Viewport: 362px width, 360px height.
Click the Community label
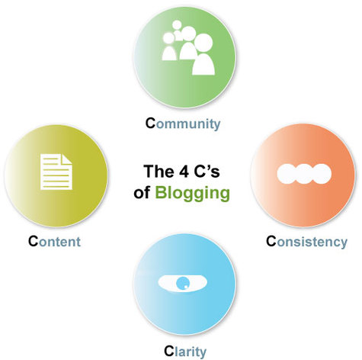click(x=183, y=124)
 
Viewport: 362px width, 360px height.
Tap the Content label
click(x=54, y=241)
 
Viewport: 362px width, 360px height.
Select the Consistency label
click(x=306, y=242)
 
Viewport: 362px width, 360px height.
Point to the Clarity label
click(x=185, y=352)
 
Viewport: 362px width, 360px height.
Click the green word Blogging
click(x=192, y=194)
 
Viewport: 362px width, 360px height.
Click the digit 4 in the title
click(x=184, y=172)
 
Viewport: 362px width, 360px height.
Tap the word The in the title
click(x=159, y=172)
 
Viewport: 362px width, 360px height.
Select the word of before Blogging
click(x=142, y=193)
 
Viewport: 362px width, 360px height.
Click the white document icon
click(x=56, y=172)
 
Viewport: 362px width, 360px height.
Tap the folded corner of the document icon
click(x=67, y=159)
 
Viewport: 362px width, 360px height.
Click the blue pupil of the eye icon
click(x=183, y=283)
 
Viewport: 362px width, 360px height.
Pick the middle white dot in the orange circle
click(x=304, y=174)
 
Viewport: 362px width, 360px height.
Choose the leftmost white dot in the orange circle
click(x=287, y=174)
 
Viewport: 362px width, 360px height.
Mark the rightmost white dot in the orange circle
click(x=322, y=174)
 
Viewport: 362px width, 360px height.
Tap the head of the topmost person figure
click(x=177, y=25)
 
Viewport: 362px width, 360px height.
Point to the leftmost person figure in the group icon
click(x=169, y=47)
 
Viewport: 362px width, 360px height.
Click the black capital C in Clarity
click(x=168, y=351)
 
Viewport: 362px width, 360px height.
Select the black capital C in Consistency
click(x=271, y=241)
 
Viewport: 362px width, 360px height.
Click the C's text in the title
click(x=207, y=172)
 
